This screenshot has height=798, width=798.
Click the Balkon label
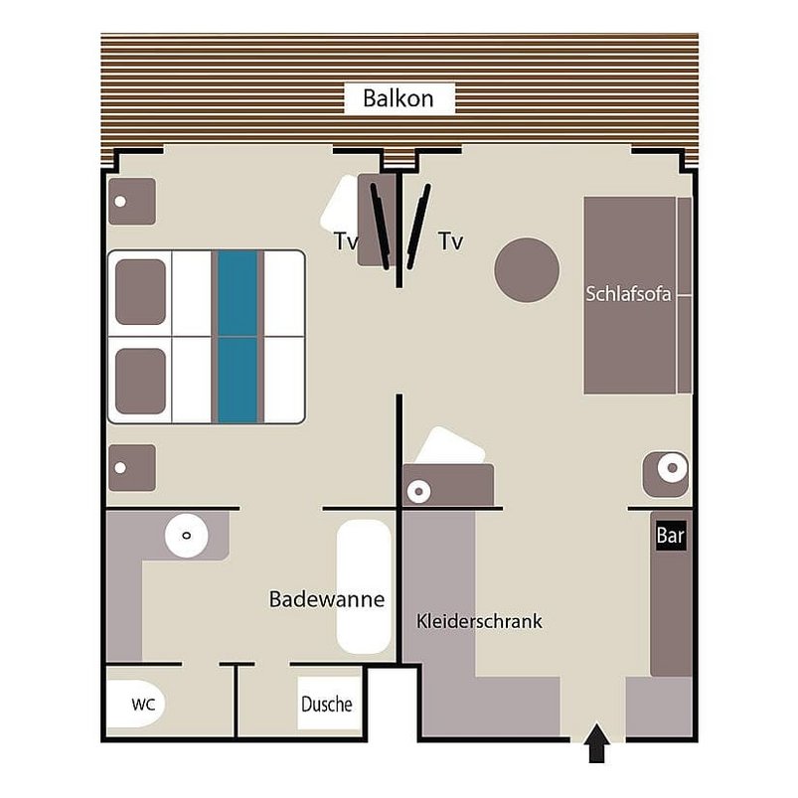pos(399,98)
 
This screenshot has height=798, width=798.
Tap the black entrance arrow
pos(596,743)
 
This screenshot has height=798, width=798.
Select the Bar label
pos(671,537)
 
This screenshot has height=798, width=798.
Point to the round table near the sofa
pos(527,270)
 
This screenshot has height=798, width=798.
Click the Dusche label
pos(327,704)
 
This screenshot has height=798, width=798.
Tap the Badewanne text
pos(326,600)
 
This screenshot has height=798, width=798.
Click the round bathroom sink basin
pos(186,536)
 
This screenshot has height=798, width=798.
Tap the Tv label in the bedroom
pos(345,241)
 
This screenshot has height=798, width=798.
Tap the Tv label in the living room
pos(450,241)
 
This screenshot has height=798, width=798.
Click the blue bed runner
pos(237,336)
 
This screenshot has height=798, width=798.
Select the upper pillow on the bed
pos(140,292)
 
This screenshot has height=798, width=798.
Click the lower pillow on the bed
pos(140,381)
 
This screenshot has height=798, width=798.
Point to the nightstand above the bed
pos(131,201)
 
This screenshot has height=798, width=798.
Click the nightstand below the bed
pos(131,467)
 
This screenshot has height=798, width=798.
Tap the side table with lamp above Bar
pos(666,474)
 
